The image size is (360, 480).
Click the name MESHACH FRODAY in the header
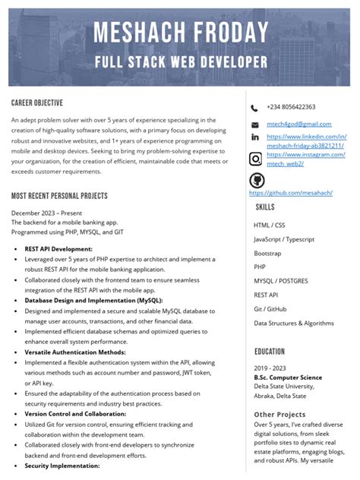point(180,33)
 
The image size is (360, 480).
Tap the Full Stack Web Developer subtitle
point(180,62)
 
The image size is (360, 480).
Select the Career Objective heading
point(37,103)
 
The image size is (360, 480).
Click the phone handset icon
point(254,108)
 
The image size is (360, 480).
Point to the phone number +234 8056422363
point(291,107)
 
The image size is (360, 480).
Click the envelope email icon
point(254,125)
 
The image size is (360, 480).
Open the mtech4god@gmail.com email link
point(298,124)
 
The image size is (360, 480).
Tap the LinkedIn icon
point(254,137)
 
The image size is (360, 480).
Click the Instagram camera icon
point(255,159)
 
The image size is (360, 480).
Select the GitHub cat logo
point(257,180)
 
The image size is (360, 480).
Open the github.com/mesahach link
point(291,193)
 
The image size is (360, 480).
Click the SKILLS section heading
point(265,207)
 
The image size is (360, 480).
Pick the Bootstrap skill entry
point(267,253)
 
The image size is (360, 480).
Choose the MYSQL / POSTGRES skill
point(281,281)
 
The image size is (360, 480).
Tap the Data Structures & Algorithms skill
point(294,323)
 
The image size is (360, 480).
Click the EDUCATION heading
point(270,352)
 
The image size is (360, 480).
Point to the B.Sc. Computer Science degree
point(288,377)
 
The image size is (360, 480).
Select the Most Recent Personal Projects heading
point(59,196)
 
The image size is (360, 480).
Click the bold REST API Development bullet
point(58,249)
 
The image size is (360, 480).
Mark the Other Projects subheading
point(279,414)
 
